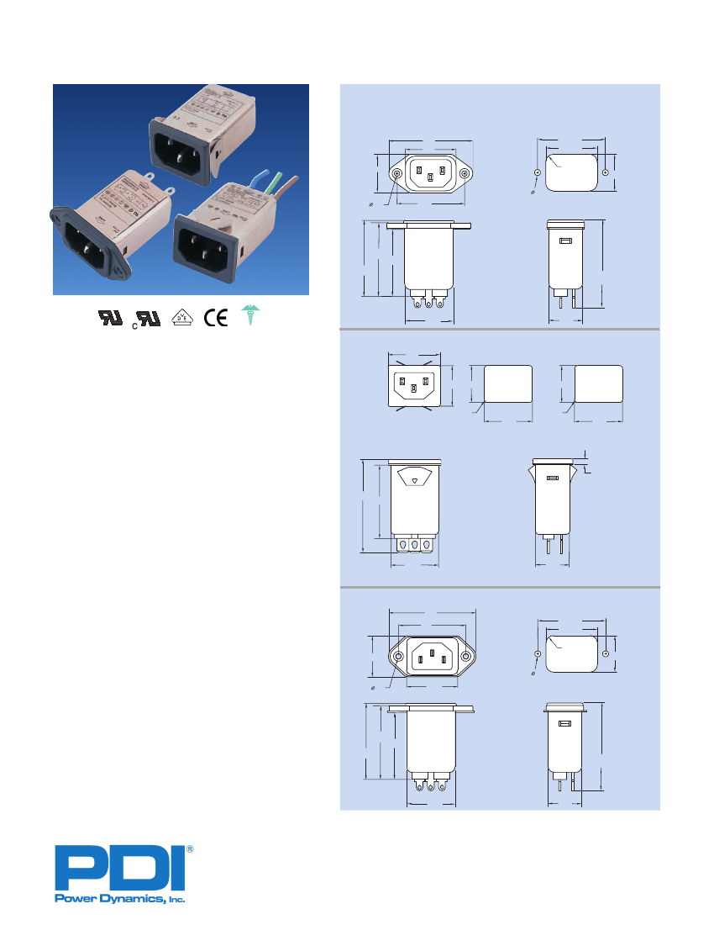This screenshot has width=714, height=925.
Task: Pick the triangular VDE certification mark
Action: [x=181, y=317]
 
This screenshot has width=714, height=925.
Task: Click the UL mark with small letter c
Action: [x=145, y=320]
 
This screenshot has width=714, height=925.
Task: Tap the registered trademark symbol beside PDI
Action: [x=190, y=850]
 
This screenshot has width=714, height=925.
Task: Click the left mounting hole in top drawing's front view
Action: [x=397, y=174]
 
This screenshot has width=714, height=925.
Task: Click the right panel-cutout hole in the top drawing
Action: [x=606, y=172]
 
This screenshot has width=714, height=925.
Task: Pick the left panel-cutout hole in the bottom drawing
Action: [x=538, y=653]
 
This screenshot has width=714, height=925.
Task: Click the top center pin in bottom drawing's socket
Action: [x=432, y=650]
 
